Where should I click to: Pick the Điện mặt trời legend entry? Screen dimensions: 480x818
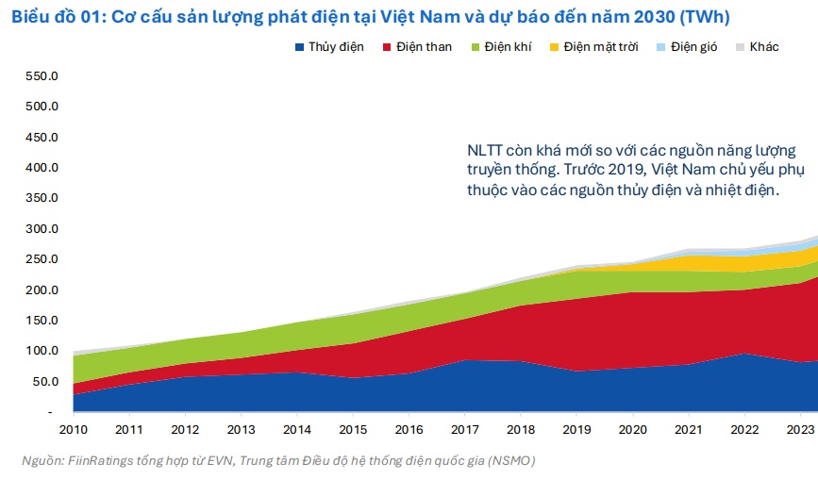pos(601,47)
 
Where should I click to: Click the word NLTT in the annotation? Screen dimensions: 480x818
pos(486,151)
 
